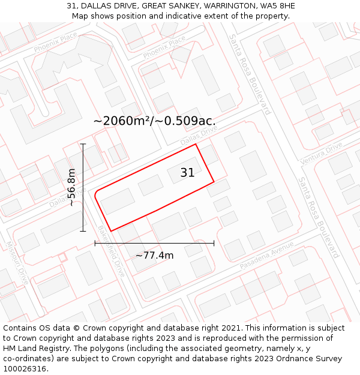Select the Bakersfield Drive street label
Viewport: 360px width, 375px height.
[112, 251]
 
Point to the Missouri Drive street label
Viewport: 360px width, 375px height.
[16, 262]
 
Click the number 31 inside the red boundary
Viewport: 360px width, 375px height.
[187, 173]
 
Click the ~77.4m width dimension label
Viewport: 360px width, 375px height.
[154, 256]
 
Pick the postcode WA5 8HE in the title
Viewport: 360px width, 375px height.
[276, 5]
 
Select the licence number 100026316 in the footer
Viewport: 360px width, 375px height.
[25, 369]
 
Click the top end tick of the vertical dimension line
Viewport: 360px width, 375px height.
[83, 144]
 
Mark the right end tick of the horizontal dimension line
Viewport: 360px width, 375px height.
[214, 243]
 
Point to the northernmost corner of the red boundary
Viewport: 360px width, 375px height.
[196, 144]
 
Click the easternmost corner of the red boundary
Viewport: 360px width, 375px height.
[214, 181]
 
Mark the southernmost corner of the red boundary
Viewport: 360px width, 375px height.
[111, 231]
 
